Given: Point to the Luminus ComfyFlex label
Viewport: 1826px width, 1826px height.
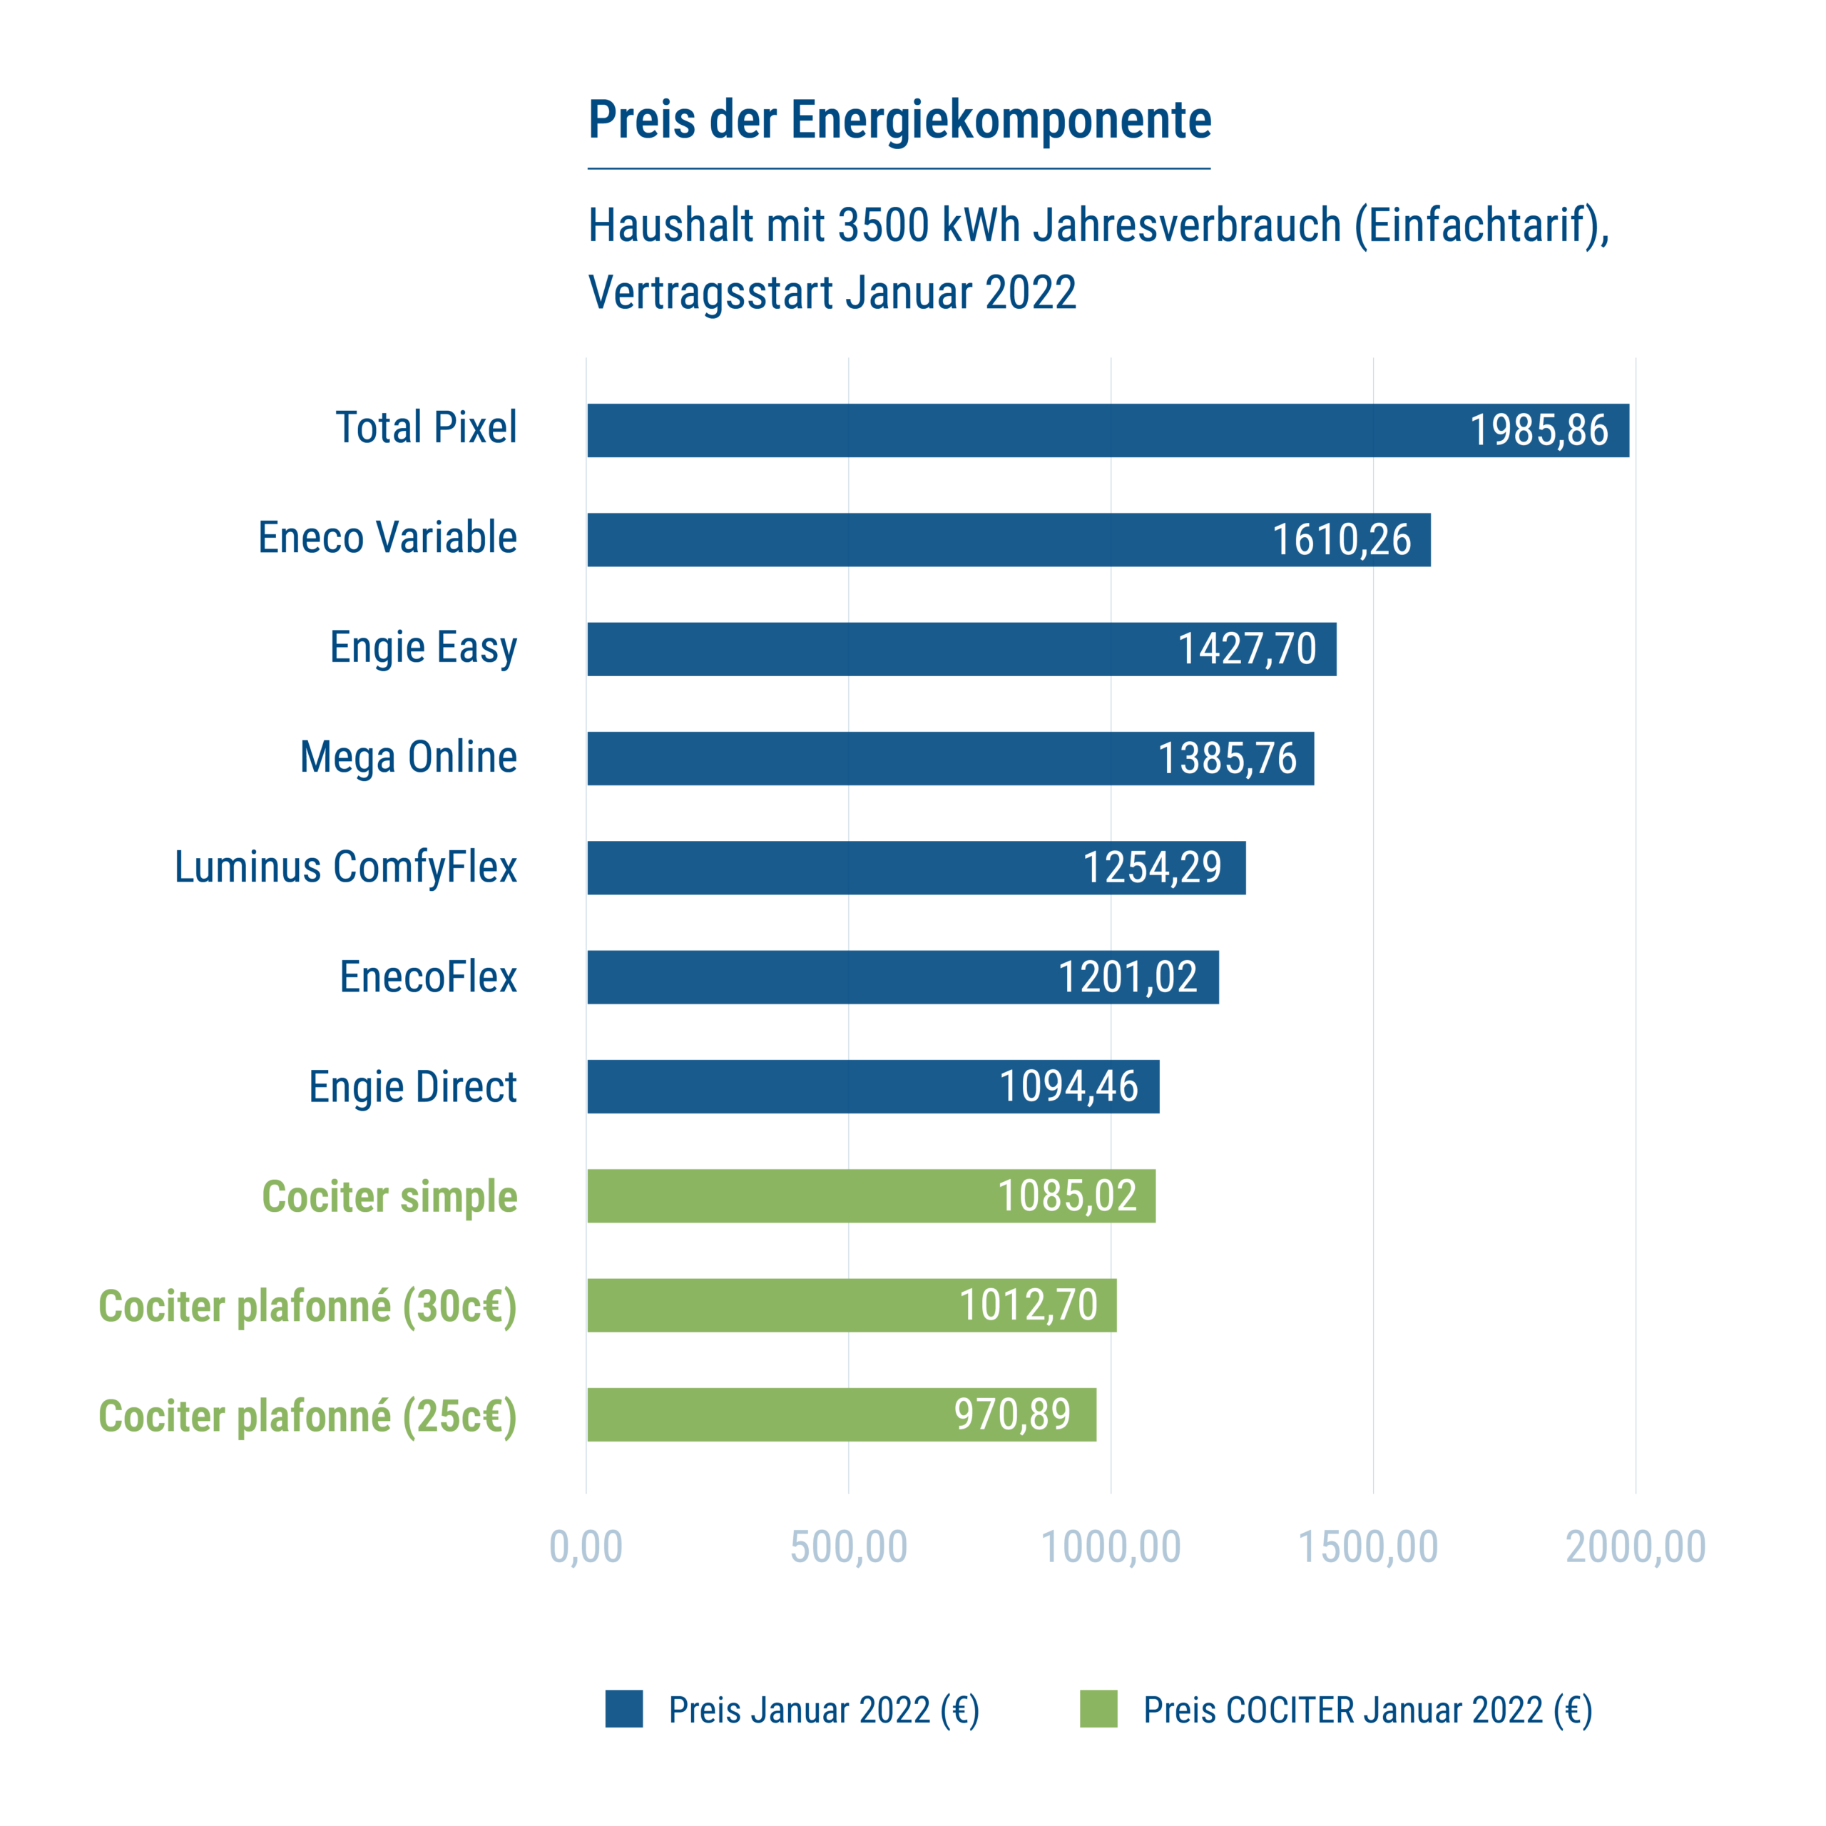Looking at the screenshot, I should pyautogui.click(x=345, y=867).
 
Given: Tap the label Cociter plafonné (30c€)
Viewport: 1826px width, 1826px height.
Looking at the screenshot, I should pyautogui.click(x=307, y=1306).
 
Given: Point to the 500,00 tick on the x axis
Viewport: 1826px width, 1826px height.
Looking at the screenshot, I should pyautogui.click(x=848, y=1547).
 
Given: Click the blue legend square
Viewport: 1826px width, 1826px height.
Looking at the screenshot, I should pyautogui.click(x=624, y=1709).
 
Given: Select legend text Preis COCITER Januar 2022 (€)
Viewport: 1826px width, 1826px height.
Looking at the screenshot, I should pyautogui.click(x=1367, y=1710).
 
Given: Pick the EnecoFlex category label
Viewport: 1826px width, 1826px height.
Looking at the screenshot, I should pyautogui.click(x=427, y=977).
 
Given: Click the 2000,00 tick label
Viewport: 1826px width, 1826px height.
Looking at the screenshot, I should pyautogui.click(x=1635, y=1547).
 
